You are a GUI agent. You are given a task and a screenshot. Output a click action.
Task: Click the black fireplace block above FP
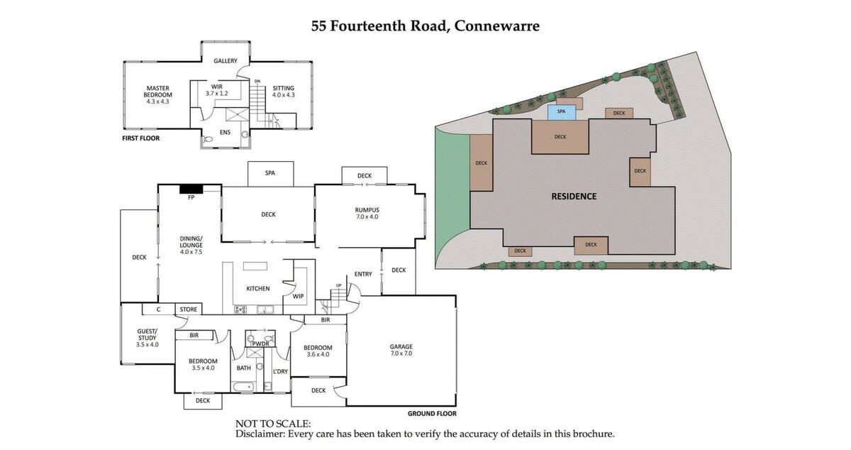pyautogui.click(x=191, y=189)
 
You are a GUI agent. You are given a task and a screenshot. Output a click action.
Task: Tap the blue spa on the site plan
pyautogui.click(x=562, y=112)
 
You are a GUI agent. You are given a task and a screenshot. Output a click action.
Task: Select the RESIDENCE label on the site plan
pyautogui.click(x=574, y=197)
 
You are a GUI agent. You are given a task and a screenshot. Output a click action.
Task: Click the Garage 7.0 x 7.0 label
pyautogui.click(x=401, y=350)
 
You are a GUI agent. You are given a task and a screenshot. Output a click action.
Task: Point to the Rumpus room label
pyautogui.click(x=367, y=213)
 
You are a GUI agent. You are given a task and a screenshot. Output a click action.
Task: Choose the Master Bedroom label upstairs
pyautogui.click(x=157, y=94)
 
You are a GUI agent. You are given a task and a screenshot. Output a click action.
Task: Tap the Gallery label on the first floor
pyautogui.click(x=226, y=61)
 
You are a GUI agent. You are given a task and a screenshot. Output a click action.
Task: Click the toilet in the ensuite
pyautogui.click(x=208, y=139)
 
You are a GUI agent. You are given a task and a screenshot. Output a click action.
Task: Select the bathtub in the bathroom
pyautogui.click(x=243, y=387)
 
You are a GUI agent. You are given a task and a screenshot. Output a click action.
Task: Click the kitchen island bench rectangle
pyautogui.click(x=255, y=266)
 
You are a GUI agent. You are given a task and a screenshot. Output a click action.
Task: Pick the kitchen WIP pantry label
pyautogui.click(x=299, y=296)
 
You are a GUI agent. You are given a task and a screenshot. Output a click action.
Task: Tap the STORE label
pyautogui.click(x=189, y=309)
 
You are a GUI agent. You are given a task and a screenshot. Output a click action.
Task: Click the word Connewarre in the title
pyautogui.click(x=497, y=26)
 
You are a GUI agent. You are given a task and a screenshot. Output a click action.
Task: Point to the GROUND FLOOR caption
pyautogui.click(x=432, y=414)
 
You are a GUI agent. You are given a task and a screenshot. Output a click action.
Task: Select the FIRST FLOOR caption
pyautogui.click(x=140, y=138)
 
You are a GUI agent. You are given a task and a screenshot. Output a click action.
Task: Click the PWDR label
pyautogui.click(x=261, y=344)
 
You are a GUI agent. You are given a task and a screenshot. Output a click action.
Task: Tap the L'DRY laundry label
pyautogui.click(x=280, y=372)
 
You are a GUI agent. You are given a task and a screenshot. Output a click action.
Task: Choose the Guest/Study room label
pyautogui.click(x=148, y=338)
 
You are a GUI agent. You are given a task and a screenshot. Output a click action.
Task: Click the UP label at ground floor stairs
pyautogui.click(x=338, y=285)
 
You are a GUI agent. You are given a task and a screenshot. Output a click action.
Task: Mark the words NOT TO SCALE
pyautogui.click(x=273, y=424)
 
